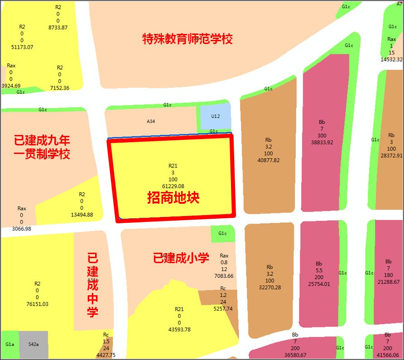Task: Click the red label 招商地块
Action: click(173, 198)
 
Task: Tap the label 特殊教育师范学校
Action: click(188, 39)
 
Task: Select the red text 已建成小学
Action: click(181, 259)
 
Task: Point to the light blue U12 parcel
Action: click(216, 116)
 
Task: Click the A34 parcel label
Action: click(151, 121)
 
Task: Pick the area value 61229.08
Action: click(173, 186)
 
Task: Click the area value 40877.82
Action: click(268, 160)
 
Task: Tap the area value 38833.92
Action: click(322, 142)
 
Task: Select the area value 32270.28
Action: click(269, 287)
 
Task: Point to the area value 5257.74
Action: click(222, 308)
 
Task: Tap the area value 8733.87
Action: click(58, 27)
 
